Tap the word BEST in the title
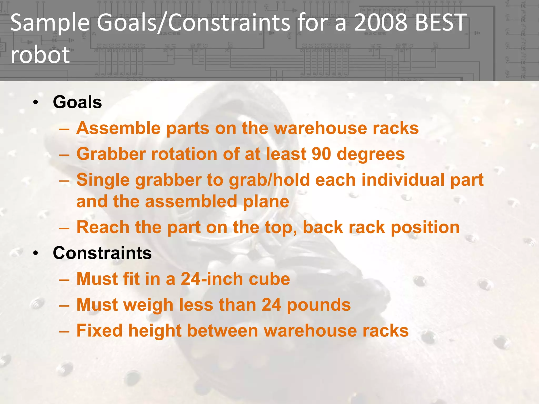pos(441,23)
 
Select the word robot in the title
pos(40,55)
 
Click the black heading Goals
pos(77,102)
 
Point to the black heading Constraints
pos(102,253)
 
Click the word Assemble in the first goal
pos(118,128)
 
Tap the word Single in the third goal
pos(103,180)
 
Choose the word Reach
pos(103,227)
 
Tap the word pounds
pos(319,305)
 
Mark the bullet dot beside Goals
pos(36,102)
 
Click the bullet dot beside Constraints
pos(36,253)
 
